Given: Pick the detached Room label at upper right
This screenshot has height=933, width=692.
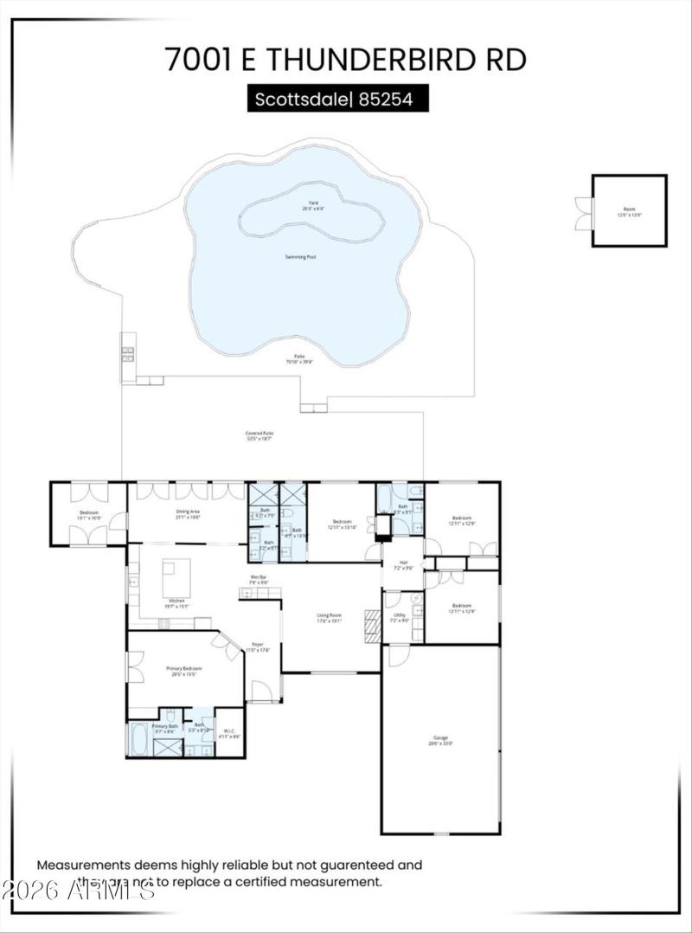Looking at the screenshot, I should click(x=629, y=211).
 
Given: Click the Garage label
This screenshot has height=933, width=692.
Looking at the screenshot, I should click(x=441, y=741).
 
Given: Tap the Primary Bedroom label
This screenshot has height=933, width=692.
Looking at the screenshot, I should click(x=183, y=672).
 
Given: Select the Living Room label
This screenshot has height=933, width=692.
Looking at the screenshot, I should click(x=330, y=618).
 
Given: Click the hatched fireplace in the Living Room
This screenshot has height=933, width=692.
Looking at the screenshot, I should click(x=372, y=626).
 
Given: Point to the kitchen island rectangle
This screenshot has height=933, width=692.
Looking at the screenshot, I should click(x=176, y=577).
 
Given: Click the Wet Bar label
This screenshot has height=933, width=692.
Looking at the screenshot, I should click(x=259, y=580).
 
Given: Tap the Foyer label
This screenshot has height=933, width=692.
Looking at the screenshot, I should click(x=258, y=647).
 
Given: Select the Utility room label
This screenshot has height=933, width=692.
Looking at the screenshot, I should click(x=398, y=617).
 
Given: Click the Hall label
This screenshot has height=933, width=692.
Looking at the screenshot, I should click(x=403, y=564).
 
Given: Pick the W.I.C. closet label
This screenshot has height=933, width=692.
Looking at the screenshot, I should click(x=229, y=734).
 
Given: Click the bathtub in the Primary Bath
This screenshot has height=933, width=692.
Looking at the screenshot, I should click(x=138, y=738).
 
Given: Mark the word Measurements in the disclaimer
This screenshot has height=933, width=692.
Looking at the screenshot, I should click(x=81, y=865).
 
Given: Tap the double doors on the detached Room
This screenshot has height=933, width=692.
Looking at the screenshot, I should click(x=583, y=213).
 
